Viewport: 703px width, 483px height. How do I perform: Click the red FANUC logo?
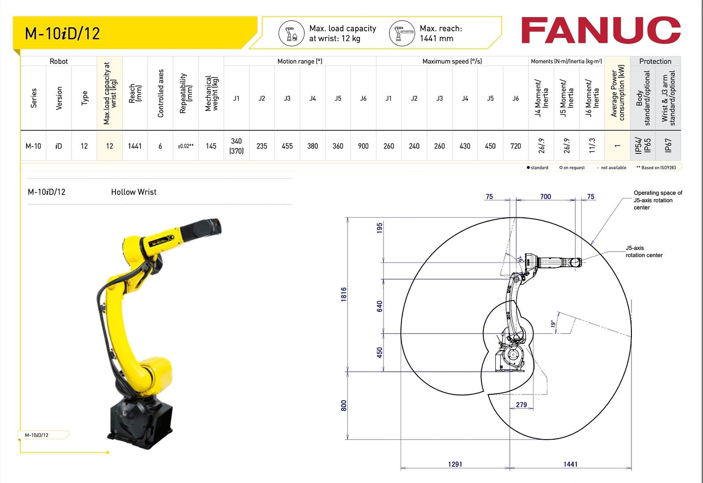(x=601, y=30)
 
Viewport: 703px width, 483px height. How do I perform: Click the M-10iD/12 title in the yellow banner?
(x=62, y=34)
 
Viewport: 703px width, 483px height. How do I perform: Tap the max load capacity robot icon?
(x=291, y=33)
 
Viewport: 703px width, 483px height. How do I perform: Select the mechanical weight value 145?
(x=211, y=146)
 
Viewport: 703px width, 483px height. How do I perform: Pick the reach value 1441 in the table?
(x=135, y=146)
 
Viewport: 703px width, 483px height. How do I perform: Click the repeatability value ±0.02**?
(x=186, y=146)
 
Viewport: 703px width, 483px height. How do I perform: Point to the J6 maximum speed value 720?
(x=516, y=146)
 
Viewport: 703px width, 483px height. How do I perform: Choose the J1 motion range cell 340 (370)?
(x=236, y=146)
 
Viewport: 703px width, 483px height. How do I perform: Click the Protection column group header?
(x=655, y=61)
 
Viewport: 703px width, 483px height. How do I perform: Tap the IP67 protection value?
(x=668, y=146)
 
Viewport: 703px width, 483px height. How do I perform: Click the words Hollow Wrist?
(x=134, y=192)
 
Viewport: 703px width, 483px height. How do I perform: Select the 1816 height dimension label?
(x=344, y=294)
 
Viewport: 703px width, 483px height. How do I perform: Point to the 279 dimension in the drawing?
(x=521, y=405)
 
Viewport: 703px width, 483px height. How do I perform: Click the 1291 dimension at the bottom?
(x=455, y=464)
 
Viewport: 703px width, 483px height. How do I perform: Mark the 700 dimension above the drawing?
(x=545, y=197)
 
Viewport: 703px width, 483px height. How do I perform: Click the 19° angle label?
(x=554, y=324)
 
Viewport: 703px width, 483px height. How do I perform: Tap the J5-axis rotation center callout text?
(x=644, y=251)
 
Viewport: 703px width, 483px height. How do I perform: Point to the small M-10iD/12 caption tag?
(x=37, y=435)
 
